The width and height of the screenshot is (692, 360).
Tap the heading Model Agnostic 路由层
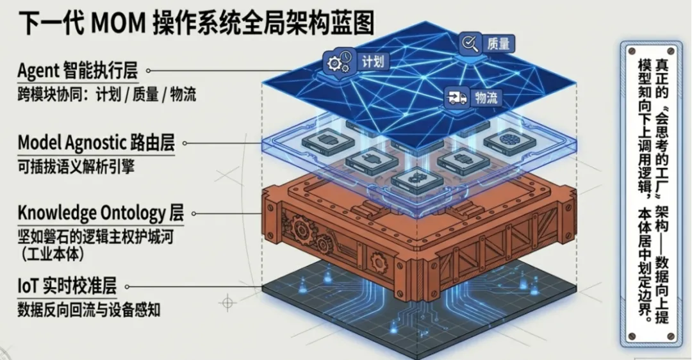pos(96,142)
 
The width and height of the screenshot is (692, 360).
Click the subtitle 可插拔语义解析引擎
pos(76,167)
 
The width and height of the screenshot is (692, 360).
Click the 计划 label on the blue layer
pos(374,61)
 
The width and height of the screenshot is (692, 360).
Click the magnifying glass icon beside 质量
pos(470,43)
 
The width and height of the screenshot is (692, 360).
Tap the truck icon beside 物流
pos(456,98)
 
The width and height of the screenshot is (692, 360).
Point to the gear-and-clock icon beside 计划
pos(339,62)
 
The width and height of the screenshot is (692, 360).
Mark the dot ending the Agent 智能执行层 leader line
pos(150,70)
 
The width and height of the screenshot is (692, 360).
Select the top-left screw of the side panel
pos(631,48)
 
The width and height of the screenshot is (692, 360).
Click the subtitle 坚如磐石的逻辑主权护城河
pos(94,237)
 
